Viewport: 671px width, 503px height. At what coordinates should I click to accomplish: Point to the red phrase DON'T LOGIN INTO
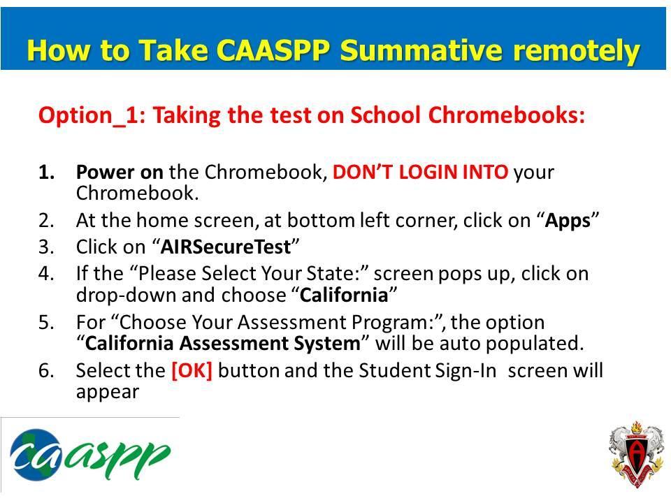coord(421,172)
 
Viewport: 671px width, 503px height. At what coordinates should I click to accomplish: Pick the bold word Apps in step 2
coord(568,221)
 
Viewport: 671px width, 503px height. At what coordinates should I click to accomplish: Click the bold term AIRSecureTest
coord(225,247)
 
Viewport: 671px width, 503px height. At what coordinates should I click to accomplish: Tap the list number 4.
coord(46,274)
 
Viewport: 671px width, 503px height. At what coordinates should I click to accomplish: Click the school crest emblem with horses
coord(635,457)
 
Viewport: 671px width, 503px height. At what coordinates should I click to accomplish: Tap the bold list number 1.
coord(46,172)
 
